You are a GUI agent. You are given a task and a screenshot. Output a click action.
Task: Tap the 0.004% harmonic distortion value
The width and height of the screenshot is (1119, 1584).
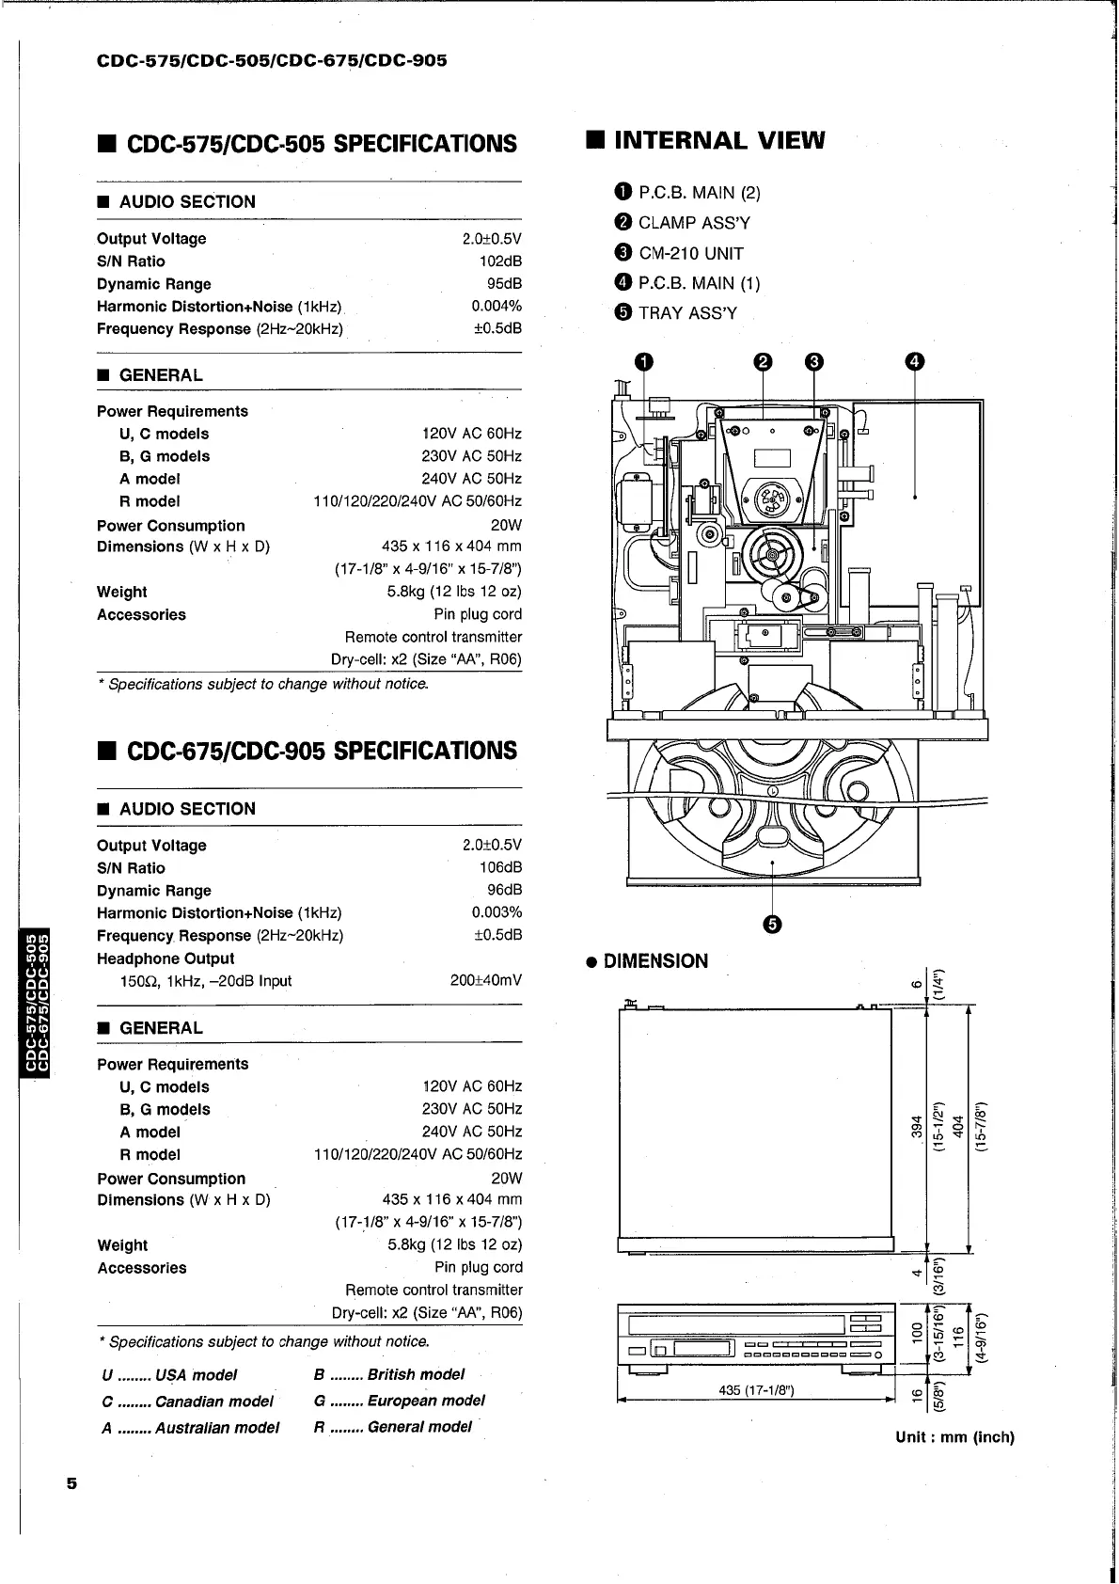click(x=496, y=306)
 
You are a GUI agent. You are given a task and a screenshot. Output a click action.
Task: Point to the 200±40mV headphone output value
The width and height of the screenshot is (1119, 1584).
click(x=486, y=981)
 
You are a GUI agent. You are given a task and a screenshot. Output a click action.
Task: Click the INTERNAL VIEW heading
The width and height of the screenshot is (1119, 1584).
click(x=705, y=141)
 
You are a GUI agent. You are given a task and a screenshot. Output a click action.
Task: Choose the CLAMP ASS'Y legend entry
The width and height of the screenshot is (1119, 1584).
click(x=683, y=223)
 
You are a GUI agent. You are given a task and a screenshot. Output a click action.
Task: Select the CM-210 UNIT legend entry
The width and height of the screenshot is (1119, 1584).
click(x=679, y=253)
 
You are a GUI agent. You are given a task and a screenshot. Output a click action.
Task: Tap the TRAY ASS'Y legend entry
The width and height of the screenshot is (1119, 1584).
click(x=676, y=313)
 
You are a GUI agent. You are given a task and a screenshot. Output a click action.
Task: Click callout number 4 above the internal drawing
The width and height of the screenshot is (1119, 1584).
click(x=916, y=362)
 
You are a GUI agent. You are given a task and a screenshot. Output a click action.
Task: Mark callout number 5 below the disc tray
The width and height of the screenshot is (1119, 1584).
click(x=772, y=925)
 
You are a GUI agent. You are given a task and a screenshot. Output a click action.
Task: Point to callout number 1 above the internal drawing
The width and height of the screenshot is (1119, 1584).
click(x=643, y=362)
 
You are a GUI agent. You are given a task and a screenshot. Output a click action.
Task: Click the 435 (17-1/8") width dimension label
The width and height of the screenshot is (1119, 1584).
click(x=756, y=1391)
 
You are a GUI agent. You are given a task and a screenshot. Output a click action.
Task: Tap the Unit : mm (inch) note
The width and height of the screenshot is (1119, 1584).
click(x=954, y=1437)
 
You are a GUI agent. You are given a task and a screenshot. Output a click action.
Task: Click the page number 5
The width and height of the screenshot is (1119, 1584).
click(x=72, y=1483)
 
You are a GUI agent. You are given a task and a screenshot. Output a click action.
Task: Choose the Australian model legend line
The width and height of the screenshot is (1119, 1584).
click(x=190, y=1428)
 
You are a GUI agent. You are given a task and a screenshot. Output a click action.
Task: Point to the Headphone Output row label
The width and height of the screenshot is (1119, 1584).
click(x=165, y=958)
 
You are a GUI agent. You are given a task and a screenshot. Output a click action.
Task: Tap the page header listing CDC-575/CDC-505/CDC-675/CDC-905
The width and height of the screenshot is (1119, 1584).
click(x=272, y=61)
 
